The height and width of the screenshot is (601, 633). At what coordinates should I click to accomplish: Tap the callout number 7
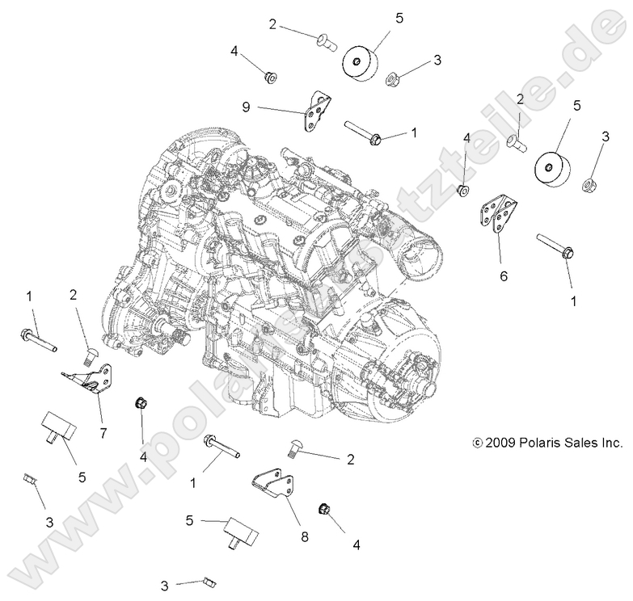[x=103, y=432]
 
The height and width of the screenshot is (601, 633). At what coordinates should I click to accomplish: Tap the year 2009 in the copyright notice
[x=501, y=443]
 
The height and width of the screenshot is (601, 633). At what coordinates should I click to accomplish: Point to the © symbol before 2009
[x=477, y=443]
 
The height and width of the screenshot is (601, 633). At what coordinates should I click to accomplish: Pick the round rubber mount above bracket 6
[x=551, y=173]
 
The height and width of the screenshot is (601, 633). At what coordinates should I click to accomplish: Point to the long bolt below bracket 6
[x=555, y=247]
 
